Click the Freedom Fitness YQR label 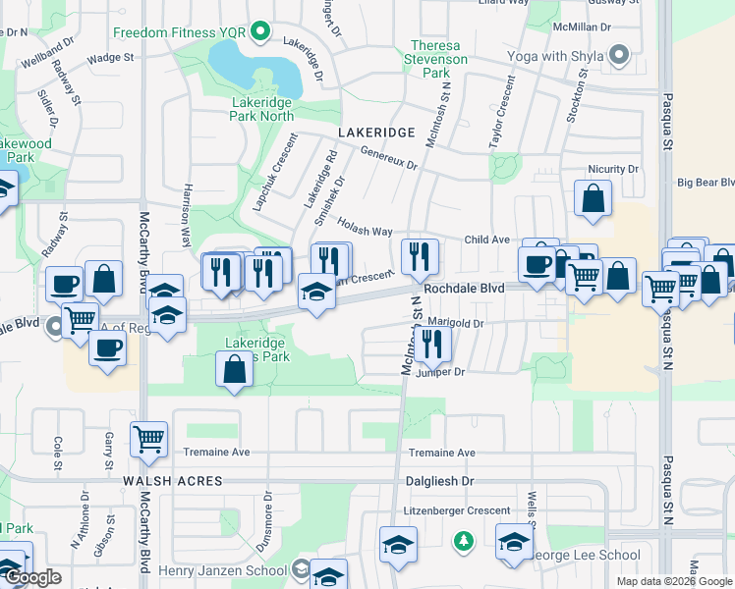click(179, 32)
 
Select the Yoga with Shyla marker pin click(619, 56)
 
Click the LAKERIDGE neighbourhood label click(376, 131)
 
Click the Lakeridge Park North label click(262, 109)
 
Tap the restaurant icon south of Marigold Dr click(431, 344)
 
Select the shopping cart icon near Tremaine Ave click(148, 439)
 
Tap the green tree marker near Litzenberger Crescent click(463, 541)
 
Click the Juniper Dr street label click(439, 372)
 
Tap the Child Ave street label click(486, 239)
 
